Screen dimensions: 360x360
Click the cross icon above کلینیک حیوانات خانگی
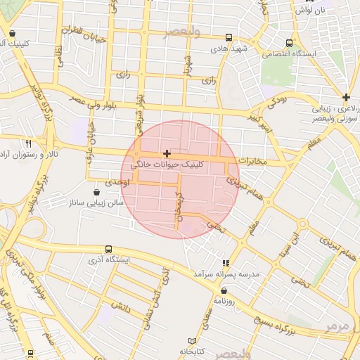(167, 153)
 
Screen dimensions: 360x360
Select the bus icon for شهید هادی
(229, 38)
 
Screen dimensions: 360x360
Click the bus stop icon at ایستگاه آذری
(108, 249)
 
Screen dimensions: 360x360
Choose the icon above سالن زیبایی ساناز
(96, 192)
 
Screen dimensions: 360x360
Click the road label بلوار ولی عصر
(99, 103)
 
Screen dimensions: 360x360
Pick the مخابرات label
(253, 161)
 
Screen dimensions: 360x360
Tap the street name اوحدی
(111, 182)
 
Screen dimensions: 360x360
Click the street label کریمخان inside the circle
(179, 207)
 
